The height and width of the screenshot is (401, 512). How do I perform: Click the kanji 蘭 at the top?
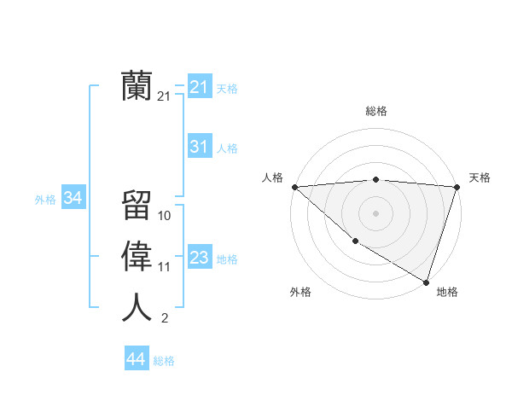(137, 86)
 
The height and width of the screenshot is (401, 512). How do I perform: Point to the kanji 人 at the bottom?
(137, 307)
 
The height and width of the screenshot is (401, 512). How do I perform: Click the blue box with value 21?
(199, 87)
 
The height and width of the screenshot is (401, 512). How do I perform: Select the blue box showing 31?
(199, 147)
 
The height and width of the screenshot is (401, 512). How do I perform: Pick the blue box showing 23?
(199, 258)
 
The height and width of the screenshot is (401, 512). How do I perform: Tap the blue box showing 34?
(73, 198)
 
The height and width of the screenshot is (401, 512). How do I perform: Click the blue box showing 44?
(136, 359)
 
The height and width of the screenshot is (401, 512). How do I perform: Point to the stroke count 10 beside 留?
(165, 216)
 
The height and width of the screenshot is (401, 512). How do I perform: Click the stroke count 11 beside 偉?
(165, 267)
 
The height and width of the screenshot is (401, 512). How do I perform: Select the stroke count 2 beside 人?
(164, 318)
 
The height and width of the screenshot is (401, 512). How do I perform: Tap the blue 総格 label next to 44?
(164, 361)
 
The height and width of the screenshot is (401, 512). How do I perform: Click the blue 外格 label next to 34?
(45, 200)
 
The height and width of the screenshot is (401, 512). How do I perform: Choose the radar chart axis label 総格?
(375, 111)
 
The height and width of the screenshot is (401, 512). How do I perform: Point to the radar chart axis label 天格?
(480, 177)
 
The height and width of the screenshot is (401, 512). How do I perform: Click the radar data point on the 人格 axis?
(294, 187)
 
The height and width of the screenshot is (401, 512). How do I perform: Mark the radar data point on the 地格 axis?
(426, 282)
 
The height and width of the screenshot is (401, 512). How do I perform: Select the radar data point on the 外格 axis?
(355, 241)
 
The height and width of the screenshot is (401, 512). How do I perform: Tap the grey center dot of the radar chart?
(375, 213)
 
